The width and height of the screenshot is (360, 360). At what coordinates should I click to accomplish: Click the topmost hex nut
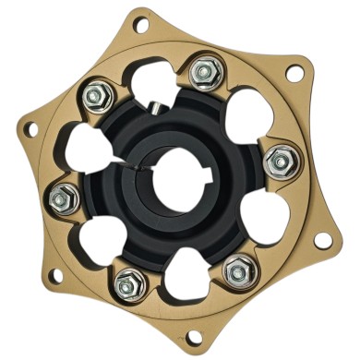[202, 70]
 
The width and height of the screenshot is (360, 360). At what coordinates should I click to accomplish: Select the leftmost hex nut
[65, 195]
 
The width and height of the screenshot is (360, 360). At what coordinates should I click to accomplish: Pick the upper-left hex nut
[95, 93]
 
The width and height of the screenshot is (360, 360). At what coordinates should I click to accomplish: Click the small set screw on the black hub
[156, 107]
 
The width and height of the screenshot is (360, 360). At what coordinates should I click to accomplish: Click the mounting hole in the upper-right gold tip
[294, 71]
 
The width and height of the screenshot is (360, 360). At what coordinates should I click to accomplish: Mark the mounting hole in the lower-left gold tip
[55, 275]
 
